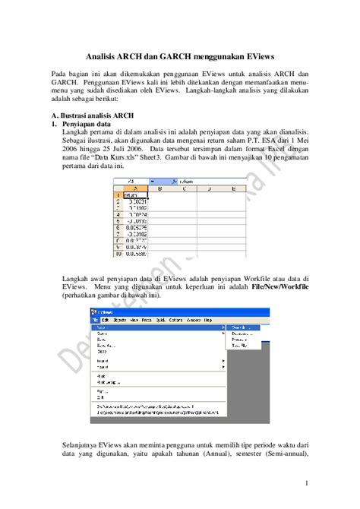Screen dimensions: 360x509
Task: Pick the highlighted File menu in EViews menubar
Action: click(x=95, y=320)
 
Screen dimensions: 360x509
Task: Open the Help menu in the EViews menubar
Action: click(x=205, y=320)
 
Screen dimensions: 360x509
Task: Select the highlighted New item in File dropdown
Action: click(x=101, y=327)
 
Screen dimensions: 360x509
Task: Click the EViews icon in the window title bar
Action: click(x=94, y=311)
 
